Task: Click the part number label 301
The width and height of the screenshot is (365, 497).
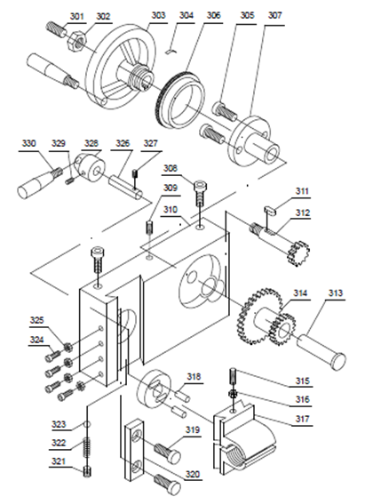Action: point(76,16)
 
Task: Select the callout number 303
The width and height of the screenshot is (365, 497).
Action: point(158,15)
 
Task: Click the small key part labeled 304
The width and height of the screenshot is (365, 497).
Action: point(172,51)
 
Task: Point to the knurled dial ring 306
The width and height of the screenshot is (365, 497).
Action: point(180,100)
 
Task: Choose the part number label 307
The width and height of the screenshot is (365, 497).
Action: point(274,15)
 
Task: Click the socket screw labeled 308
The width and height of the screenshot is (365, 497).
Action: point(200,193)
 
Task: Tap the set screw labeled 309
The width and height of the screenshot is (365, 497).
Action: point(149,227)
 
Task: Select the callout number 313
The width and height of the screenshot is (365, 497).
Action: point(335,293)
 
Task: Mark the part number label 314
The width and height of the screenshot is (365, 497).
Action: point(300,293)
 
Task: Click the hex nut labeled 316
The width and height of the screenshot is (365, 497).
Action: point(234,394)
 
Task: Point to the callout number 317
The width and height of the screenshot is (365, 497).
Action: point(302,419)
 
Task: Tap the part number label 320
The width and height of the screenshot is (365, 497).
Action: point(193,474)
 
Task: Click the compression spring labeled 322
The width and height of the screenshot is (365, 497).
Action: point(87,447)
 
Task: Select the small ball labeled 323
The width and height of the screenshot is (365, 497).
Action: point(88,424)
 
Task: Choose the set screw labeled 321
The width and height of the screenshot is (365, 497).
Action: point(87,471)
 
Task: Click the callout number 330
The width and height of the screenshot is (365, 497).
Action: point(28,143)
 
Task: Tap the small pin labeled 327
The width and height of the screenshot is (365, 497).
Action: point(134,174)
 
